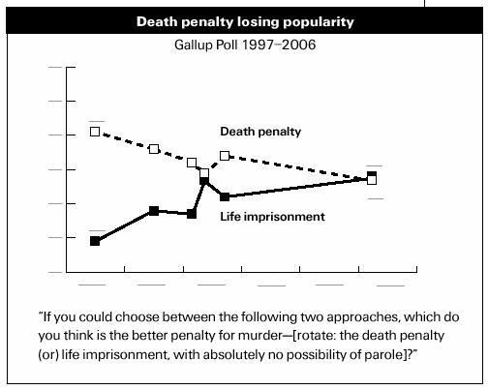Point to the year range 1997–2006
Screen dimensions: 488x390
click(279, 45)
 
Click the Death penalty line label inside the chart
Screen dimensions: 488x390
click(260, 132)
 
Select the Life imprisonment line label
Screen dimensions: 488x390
click(272, 217)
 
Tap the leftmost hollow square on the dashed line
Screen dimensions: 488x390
click(95, 132)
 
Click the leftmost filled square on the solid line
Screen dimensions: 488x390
click(95, 241)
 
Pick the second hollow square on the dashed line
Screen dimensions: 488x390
click(154, 149)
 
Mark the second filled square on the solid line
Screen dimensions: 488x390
click(154, 211)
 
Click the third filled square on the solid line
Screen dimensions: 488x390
click(192, 214)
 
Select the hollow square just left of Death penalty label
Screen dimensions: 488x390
click(225, 156)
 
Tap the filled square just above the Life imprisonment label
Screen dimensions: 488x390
click(225, 196)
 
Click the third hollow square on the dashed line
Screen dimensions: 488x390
click(192, 163)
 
